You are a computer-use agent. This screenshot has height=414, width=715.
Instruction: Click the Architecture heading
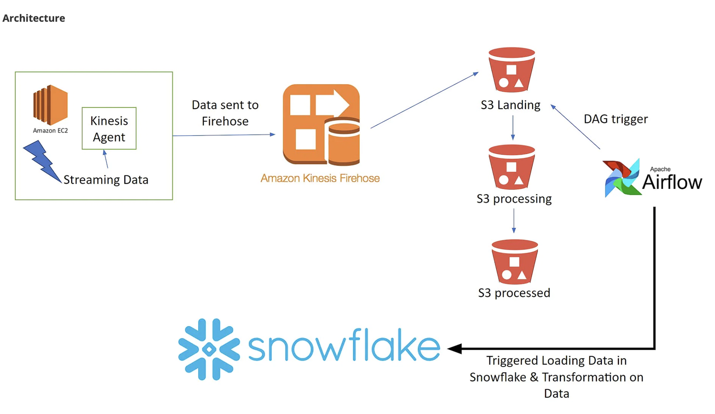point(34,18)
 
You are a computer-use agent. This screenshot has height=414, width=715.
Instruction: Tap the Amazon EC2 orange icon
point(51,105)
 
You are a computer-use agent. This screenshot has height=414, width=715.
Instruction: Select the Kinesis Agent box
point(109,128)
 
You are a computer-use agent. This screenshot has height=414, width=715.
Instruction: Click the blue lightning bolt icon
point(42,161)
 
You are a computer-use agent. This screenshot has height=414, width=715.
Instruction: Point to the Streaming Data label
point(106,179)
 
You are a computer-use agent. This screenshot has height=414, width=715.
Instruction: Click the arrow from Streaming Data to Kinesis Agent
point(106,159)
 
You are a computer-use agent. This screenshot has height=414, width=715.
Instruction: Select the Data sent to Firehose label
point(225,113)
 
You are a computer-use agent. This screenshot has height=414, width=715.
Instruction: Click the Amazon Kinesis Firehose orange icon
point(321,124)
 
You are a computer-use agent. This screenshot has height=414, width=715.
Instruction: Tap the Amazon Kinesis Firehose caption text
point(320,178)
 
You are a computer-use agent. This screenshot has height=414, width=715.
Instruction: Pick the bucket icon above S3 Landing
point(512,70)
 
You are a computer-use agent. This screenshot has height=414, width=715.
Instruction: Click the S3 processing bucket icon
point(512,167)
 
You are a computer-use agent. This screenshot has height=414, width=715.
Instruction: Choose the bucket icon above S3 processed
point(515,262)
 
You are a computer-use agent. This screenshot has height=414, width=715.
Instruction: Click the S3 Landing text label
point(510,105)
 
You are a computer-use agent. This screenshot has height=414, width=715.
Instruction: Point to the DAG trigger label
point(616,119)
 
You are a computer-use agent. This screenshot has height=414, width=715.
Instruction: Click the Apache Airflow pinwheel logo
point(622,178)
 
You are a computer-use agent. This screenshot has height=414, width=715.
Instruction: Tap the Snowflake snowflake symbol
point(209,349)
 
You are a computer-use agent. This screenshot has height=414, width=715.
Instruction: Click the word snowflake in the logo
point(344,345)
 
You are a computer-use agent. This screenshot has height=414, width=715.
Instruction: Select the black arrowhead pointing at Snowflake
point(455,349)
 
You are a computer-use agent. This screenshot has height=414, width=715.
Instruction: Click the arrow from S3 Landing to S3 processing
point(513,128)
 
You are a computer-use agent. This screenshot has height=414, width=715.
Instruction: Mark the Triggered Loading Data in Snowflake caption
point(556,377)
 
